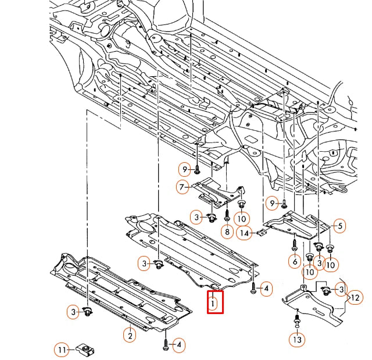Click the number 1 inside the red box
pos(214,302)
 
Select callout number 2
pos(130,335)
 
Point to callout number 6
pos(296,262)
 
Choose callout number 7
pos(183,187)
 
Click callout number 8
pos(227,231)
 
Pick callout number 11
pos(62,350)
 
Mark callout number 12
pos(355,298)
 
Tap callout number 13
pos(297,338)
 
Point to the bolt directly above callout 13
pos(297,322)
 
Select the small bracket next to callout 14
pos(262,233)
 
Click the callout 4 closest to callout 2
pos(178,345)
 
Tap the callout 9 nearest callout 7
pos(185,169)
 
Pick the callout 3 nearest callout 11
pos(74,312)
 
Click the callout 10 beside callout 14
pos(242,219)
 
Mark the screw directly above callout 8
pos(227,213)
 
